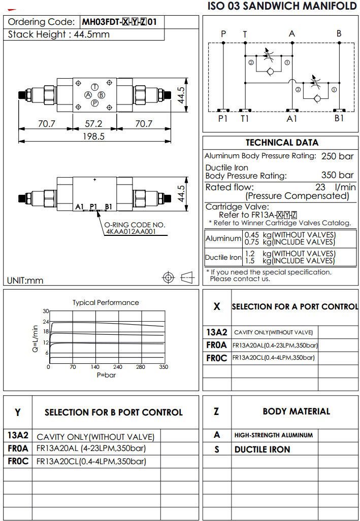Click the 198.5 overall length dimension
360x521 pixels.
(93, 136)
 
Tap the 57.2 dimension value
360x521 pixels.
(93, 123)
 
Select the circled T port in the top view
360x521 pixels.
(94, 87)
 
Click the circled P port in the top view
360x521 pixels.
(94, 103)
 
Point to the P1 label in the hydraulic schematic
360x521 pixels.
(223, 119)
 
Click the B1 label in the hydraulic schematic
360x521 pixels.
(339, 119)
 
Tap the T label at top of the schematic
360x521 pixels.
(245, 34)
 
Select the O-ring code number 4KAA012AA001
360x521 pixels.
(130, 232)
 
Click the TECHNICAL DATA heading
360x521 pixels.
(281, 143)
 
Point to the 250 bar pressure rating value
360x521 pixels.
(338, 156)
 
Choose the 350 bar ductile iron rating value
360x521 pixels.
(338, 175)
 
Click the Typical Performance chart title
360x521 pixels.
(106, 302)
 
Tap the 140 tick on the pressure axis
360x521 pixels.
(95, 367)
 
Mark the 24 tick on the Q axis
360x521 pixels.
(46, 322)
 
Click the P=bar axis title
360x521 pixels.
(106, 374)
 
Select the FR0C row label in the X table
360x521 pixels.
(216, 358)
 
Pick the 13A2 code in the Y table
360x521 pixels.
(18, 435)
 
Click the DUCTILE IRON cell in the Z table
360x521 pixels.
(262, 449)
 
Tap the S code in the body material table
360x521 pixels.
(217, 449)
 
